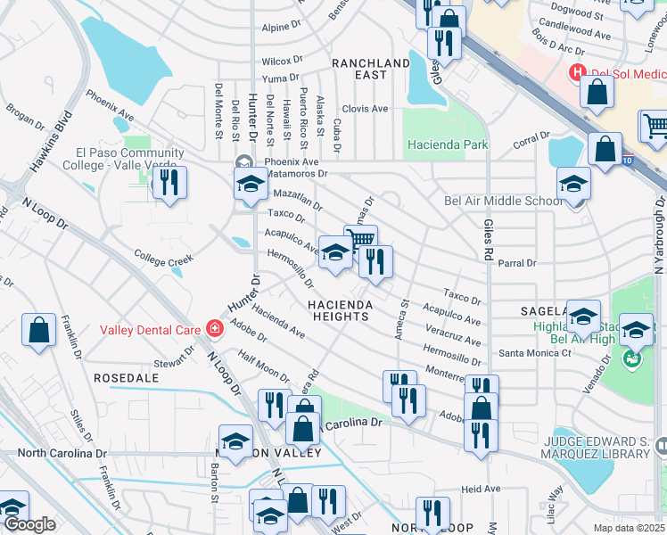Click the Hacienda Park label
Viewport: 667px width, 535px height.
(x=448, y=144)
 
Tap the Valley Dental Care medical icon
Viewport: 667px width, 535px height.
(x=214, y=329)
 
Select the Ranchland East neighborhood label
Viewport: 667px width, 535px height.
(x=371, y=69)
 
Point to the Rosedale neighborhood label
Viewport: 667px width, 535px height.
(x=126, y=378)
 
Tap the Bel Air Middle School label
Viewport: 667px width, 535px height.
(x=504, y=201)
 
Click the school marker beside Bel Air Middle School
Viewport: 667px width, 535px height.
(x=573, y=184)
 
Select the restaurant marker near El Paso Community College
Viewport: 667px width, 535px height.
(x=169, y=183)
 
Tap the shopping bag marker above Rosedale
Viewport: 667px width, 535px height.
(x=38, y=331)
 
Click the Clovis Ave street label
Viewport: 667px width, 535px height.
(x=367, y=109)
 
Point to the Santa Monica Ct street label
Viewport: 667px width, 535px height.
(x=534, y=353)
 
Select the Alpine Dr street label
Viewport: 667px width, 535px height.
(x=283, y=28)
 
